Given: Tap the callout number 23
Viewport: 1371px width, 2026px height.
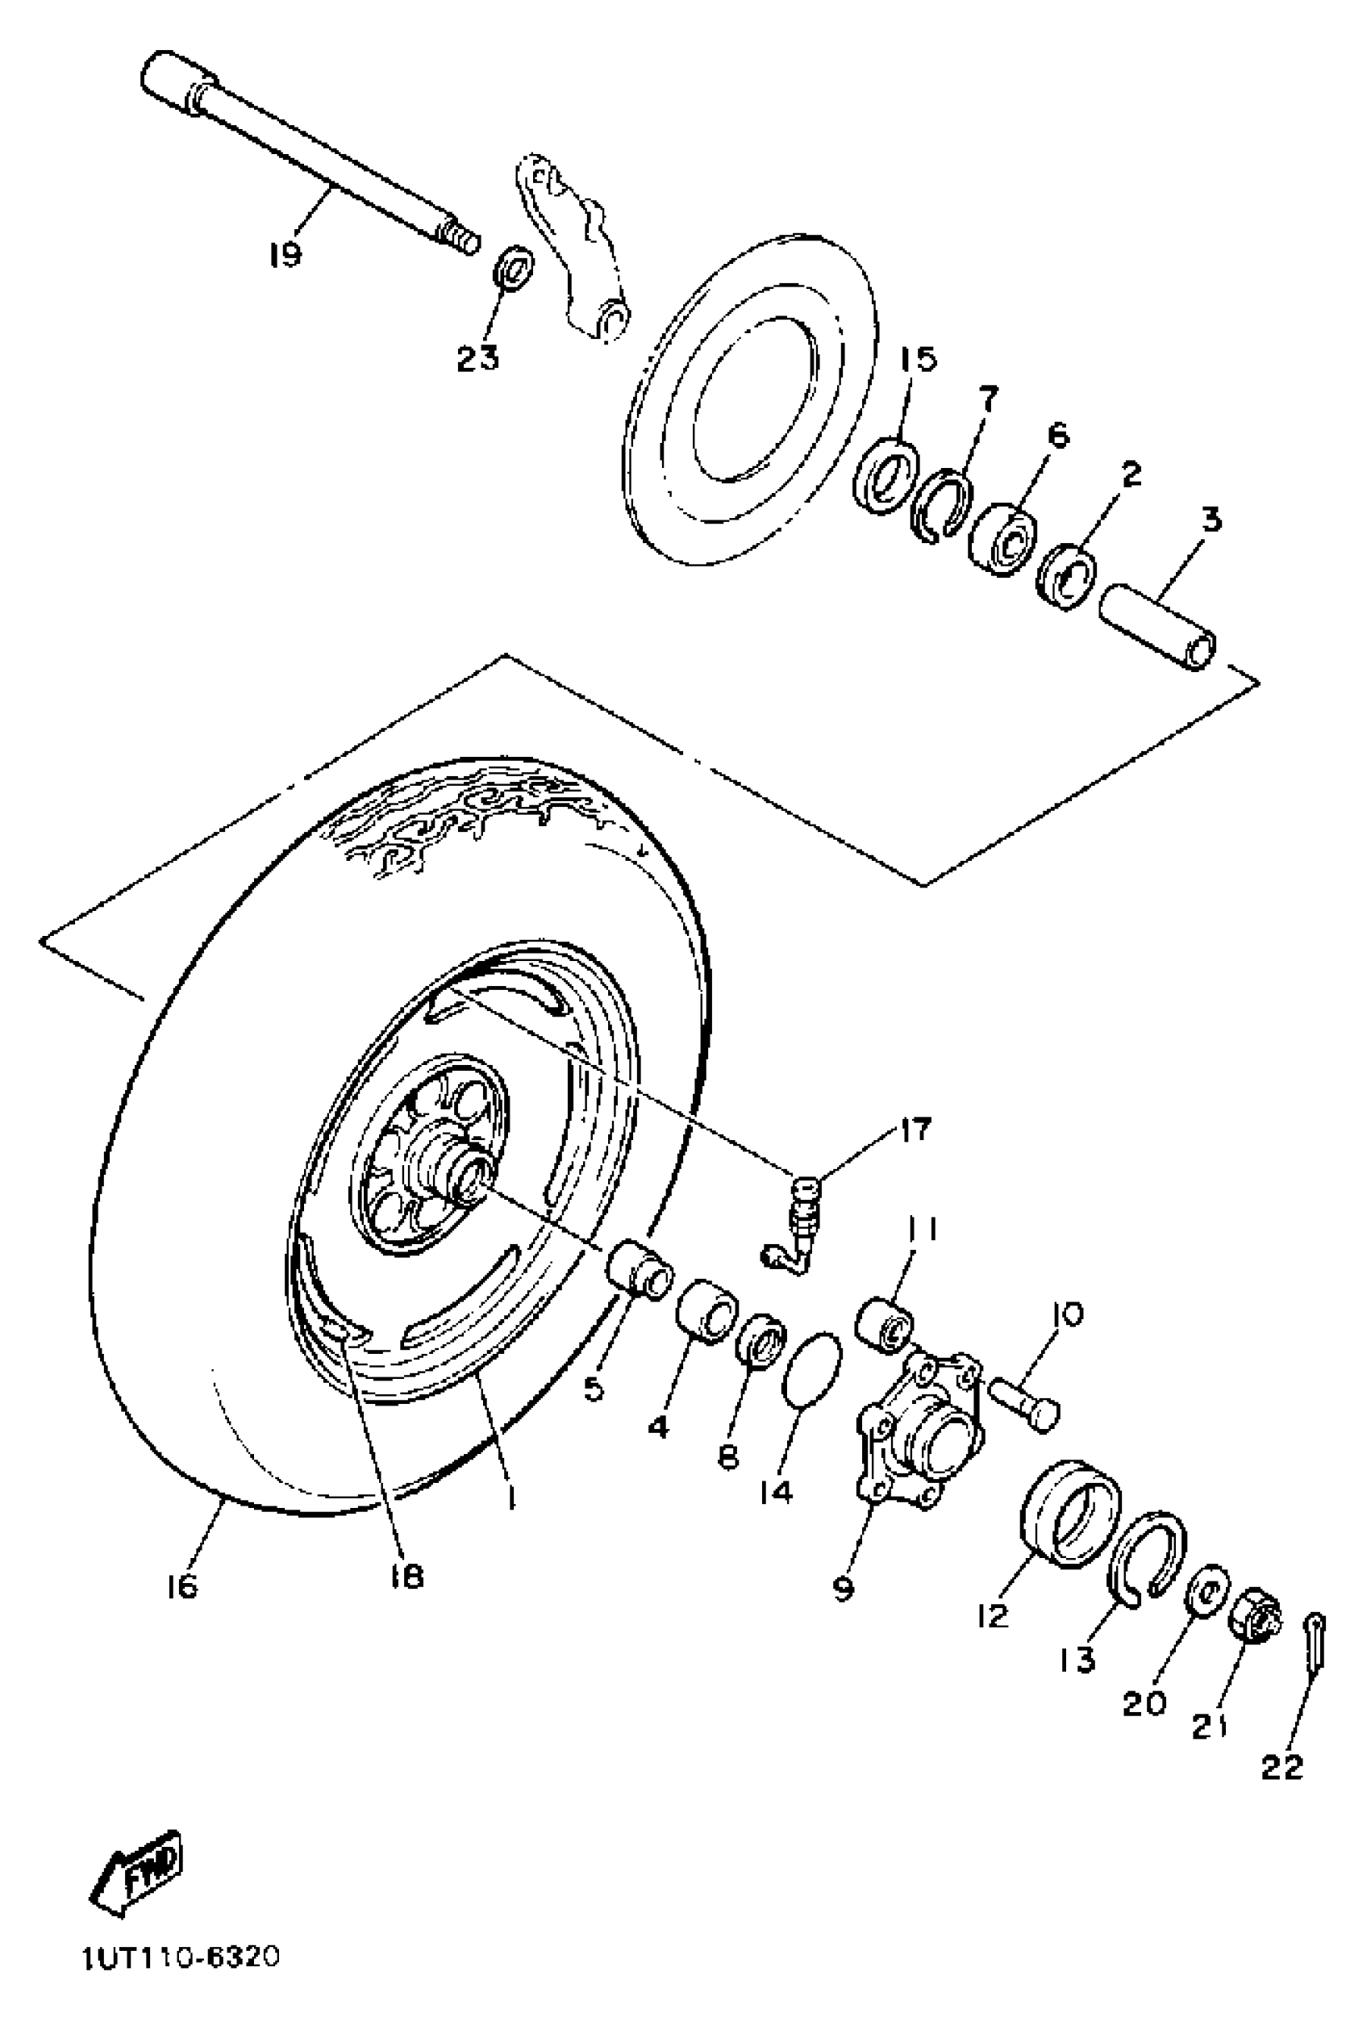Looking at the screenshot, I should pos(478,357).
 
